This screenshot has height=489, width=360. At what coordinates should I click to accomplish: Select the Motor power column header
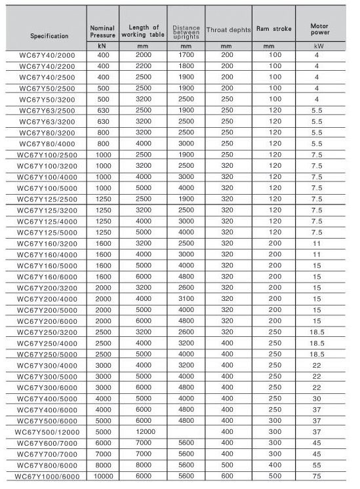pos(319,28)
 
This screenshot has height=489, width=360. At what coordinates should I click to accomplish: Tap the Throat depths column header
pos(227,30)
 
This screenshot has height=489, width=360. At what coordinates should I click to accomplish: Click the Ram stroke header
pos(273,29)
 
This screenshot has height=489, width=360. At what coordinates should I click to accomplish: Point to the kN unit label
pos(102,47)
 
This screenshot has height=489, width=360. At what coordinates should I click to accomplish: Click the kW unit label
pos(319,47)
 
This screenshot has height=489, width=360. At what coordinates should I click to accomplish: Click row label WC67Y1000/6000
pos(47,476)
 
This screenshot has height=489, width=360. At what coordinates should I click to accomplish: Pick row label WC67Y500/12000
pos(47,433)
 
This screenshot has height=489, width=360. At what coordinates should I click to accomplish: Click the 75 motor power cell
pos(317,476)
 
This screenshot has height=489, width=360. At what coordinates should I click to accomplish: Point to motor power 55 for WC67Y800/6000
pos(317,465)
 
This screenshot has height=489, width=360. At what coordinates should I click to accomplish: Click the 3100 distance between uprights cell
pos(186,300)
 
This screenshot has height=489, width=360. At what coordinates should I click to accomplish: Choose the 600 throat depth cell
pos(227,476)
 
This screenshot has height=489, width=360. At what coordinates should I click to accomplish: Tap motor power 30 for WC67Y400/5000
pos(317,398)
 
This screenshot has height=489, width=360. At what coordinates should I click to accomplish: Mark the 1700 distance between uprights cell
pos(186,56)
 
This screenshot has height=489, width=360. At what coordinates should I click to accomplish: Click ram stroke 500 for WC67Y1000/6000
pos(273,476)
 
